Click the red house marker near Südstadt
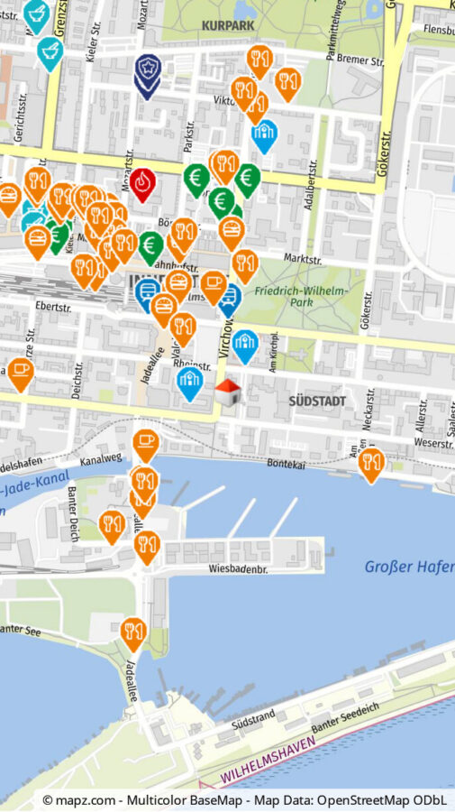coord(228,392)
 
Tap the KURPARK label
coord(229,26)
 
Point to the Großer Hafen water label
coord(408,567)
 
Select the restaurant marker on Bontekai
coord(370,463)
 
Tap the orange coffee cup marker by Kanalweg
coord(145,442)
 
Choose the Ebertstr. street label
coord(50,307)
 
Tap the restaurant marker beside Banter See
coord(133,632)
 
